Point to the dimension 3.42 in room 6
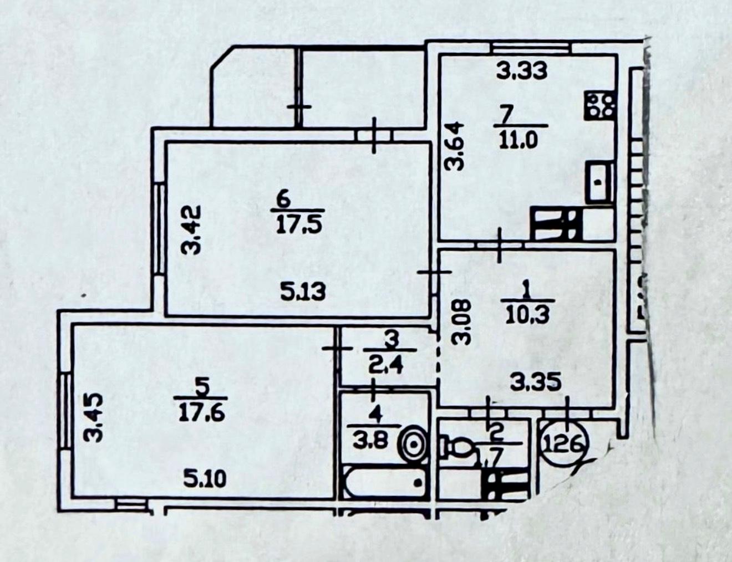(192, 230)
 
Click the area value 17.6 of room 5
(201, 412)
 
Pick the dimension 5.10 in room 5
(205, 478)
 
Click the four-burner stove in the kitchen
(599, 105)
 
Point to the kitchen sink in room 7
(599, 181)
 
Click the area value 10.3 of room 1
(527, 314)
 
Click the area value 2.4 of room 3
(390, 366)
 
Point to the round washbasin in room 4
(414, 443)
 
